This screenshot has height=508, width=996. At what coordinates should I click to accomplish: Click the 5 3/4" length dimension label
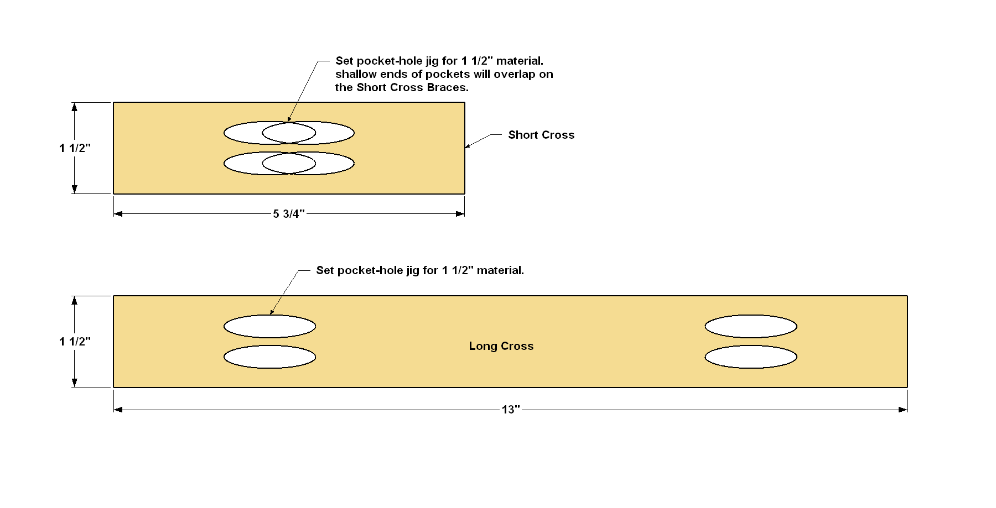click(289, 214)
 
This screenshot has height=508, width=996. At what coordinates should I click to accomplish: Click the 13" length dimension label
click(511, 410)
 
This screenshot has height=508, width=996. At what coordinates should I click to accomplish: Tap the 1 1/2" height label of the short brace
click(75, 148)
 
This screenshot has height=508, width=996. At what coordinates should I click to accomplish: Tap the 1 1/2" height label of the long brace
click(75, 342)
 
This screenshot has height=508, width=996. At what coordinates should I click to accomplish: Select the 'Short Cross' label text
click(541, 135)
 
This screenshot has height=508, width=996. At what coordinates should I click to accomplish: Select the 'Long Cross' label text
click(501, 346)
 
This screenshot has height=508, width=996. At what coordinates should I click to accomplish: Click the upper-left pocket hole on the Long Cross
click(270, 326)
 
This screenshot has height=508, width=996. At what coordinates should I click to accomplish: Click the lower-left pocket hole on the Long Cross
click(270, 357)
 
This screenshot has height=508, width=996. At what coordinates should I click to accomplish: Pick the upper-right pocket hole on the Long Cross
click(751, 326)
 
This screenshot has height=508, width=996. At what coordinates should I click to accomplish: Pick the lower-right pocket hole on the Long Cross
click(751, 357)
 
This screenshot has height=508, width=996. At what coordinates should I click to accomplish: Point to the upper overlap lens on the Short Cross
click(289, 133)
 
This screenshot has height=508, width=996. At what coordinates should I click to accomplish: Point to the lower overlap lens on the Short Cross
click(289, 164)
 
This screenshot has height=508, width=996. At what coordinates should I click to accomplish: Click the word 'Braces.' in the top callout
click(448, 87)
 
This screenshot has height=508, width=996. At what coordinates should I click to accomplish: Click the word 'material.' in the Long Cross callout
click(500, 270)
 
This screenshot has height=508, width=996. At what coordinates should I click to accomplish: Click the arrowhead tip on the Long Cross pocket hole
click(271, 315)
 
